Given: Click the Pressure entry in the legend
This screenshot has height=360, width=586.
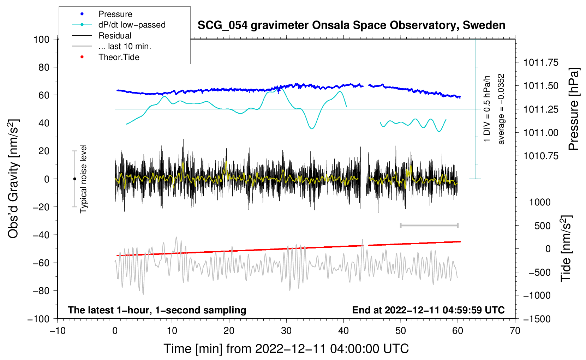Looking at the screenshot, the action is point(102,14).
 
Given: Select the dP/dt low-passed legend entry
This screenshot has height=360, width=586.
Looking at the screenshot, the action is point(119,25).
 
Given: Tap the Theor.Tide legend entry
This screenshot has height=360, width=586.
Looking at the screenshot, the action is point(106,57).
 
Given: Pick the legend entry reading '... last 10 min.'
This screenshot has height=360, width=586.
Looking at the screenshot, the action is point(112,46).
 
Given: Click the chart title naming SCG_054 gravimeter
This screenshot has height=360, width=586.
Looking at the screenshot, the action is point(351,25).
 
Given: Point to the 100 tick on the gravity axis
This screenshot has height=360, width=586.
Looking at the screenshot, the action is point(42,40).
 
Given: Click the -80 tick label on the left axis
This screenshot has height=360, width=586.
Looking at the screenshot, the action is point(41,291).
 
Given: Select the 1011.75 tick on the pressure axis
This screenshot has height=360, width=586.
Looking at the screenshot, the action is point(541,62).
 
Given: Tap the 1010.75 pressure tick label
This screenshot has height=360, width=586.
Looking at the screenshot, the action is point(541,156).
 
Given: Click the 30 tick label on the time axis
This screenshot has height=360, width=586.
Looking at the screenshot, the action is point(286,331).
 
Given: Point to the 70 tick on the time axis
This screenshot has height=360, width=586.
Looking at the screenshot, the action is point(515,331).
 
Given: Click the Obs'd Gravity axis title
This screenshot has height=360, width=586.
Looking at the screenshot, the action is point(13,179).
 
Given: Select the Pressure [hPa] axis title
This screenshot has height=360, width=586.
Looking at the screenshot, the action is point(573,109).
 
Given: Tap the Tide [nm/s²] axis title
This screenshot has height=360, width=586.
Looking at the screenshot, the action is point(566,248).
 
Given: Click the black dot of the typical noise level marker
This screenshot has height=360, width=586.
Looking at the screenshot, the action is point(74,179).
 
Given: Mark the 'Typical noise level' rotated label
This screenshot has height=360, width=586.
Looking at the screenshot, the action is point(83,179).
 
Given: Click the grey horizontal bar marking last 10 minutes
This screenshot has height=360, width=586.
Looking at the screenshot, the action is point(429,226).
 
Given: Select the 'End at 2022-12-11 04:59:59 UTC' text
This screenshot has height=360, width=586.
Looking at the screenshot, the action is point(428,310).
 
